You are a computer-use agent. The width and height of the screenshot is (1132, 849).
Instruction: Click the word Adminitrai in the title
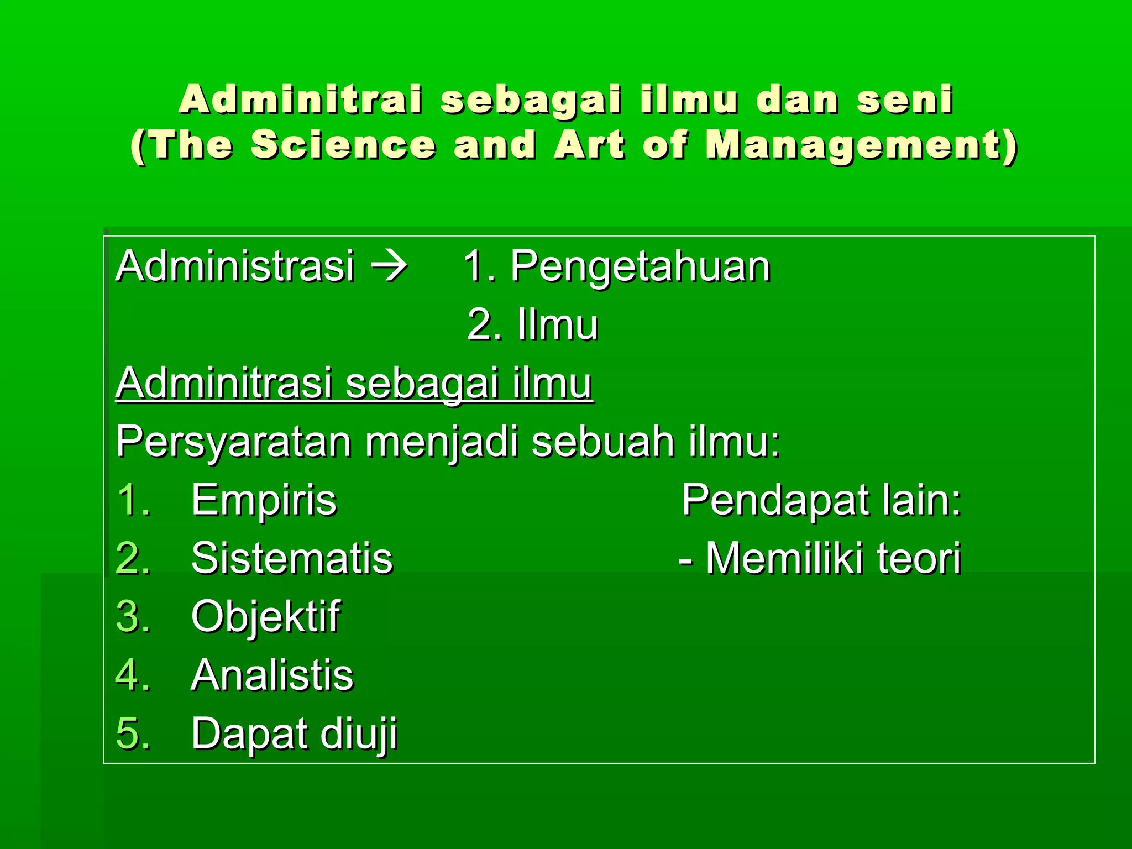coord(301,99)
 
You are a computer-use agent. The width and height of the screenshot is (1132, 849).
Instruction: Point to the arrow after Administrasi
coord(389,266)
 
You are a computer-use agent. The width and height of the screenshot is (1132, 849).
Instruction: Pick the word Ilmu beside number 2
coord(557,325)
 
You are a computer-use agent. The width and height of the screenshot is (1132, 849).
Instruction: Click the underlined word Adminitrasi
coord(224,382)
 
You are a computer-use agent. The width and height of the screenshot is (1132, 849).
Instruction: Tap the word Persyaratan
coord(234,442)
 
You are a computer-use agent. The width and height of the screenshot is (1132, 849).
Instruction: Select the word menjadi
coord(442,442)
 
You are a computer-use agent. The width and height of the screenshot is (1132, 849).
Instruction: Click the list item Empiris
coord(264,500)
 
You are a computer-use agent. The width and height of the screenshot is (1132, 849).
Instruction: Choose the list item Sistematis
coord(292,558)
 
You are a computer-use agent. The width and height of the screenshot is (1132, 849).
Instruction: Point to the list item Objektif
coord(266,617)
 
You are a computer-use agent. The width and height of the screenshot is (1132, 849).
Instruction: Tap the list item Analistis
coord(272,675)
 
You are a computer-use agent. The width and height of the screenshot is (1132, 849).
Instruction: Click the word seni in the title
coord(904,99)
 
